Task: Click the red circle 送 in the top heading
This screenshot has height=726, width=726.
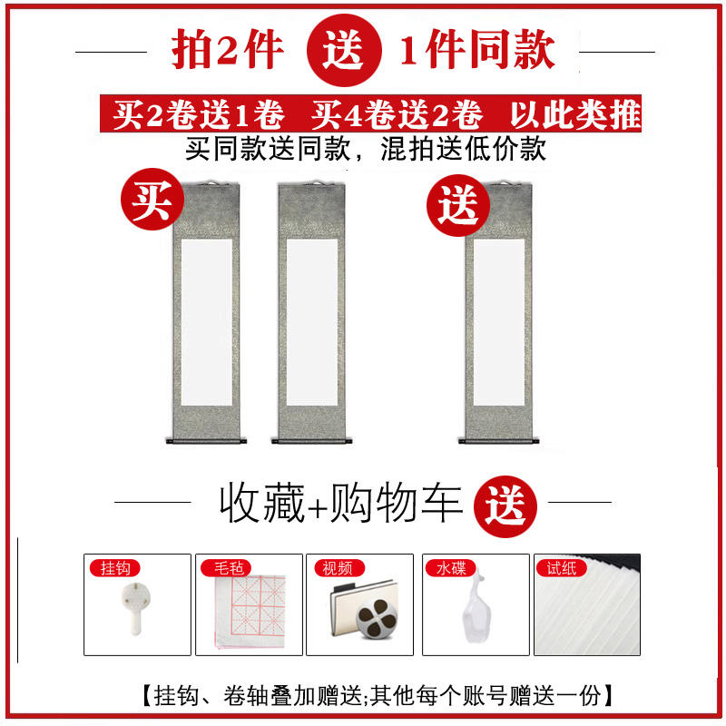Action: coord(344,50)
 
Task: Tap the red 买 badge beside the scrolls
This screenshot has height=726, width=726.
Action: coord(152,199)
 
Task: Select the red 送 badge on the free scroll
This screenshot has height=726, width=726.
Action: coord(458,205)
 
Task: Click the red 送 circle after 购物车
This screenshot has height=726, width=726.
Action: coord(505,506)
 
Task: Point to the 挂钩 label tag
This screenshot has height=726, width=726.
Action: coord(114,568)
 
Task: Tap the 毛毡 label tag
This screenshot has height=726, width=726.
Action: coord(226,568)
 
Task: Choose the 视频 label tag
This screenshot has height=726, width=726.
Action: coord(339,568)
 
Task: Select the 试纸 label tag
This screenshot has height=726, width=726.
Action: coord(561,568)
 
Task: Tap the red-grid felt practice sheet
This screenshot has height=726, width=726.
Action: coord(250,611)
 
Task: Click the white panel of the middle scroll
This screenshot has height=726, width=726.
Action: coord(312,322)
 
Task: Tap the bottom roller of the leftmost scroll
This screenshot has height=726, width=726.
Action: coord(207,441)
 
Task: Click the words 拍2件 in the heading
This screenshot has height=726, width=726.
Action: coord(228,49)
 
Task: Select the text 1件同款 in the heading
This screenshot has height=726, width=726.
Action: coord(477,49)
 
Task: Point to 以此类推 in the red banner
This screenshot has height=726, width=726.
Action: coord(575,114)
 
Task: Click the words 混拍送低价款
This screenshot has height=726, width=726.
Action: coord(464,149)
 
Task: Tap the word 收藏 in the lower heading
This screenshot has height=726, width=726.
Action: coord(262,503)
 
